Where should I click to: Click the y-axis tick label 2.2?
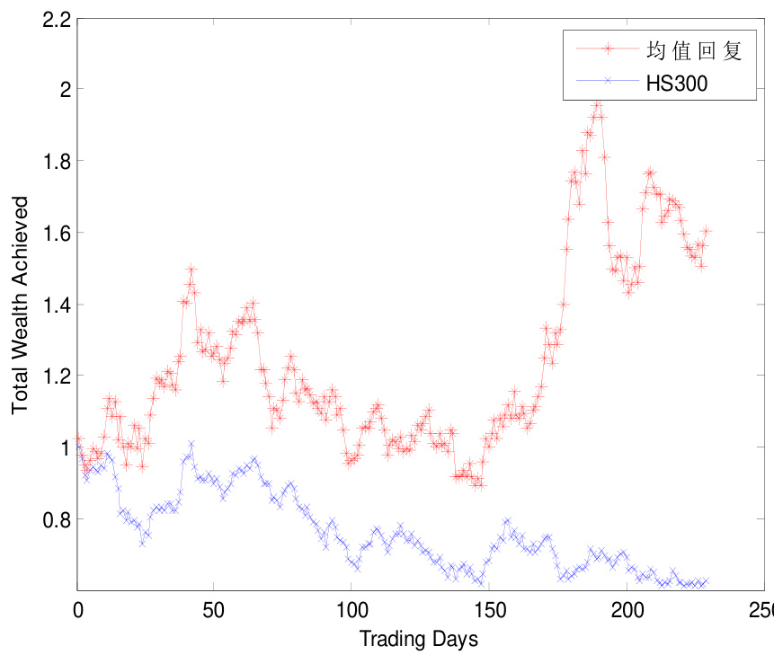57,18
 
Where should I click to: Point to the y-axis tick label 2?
63,89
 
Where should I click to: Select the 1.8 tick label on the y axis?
57,161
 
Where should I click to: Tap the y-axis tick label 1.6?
57,233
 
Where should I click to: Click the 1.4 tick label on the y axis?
57,305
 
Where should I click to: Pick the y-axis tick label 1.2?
57,376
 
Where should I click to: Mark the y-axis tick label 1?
64,447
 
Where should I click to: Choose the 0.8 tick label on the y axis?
57,519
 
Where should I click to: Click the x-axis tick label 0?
78,610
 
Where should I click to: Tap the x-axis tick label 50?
214,610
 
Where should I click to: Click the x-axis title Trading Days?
419,639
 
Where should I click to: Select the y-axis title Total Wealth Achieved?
20,305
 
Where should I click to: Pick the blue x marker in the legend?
608,81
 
